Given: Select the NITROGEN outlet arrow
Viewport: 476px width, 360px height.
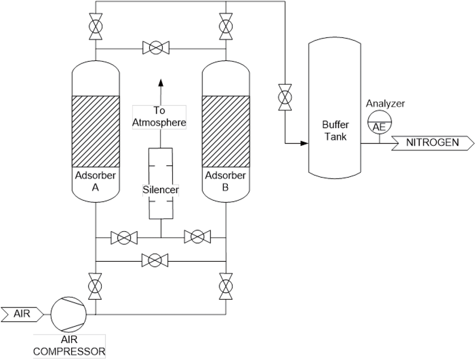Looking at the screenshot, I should [433, 142].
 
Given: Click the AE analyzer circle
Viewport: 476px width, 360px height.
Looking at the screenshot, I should [379, 123].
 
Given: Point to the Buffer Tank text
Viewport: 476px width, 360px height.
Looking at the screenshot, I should [335, 131].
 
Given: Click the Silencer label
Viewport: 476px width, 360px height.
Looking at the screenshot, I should [161, 190].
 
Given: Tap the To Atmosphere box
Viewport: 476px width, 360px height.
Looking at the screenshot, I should [159, 116].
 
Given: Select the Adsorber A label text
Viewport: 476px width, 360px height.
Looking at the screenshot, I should [96, 181].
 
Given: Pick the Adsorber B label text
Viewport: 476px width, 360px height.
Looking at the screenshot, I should [225, 181].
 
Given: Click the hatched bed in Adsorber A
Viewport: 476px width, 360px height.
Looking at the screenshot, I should [96, 131].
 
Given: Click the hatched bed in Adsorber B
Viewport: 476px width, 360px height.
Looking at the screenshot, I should [225, 131].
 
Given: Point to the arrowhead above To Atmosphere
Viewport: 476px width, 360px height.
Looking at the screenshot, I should [161, 81].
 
